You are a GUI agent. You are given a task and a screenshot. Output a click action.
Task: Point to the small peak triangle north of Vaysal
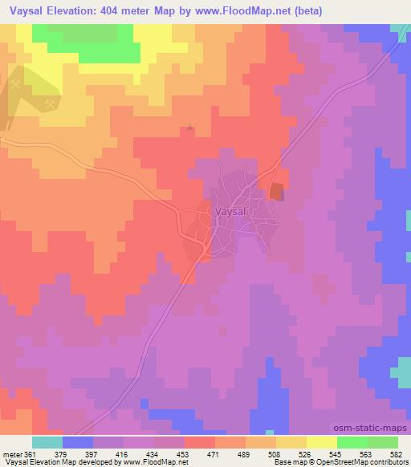coord(189,126)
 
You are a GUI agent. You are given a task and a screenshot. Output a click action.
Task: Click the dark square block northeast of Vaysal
coord(276,192)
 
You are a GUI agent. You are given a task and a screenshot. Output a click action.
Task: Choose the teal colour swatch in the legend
coord(47,442)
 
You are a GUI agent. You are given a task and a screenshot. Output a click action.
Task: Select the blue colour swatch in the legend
coord(78,442)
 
